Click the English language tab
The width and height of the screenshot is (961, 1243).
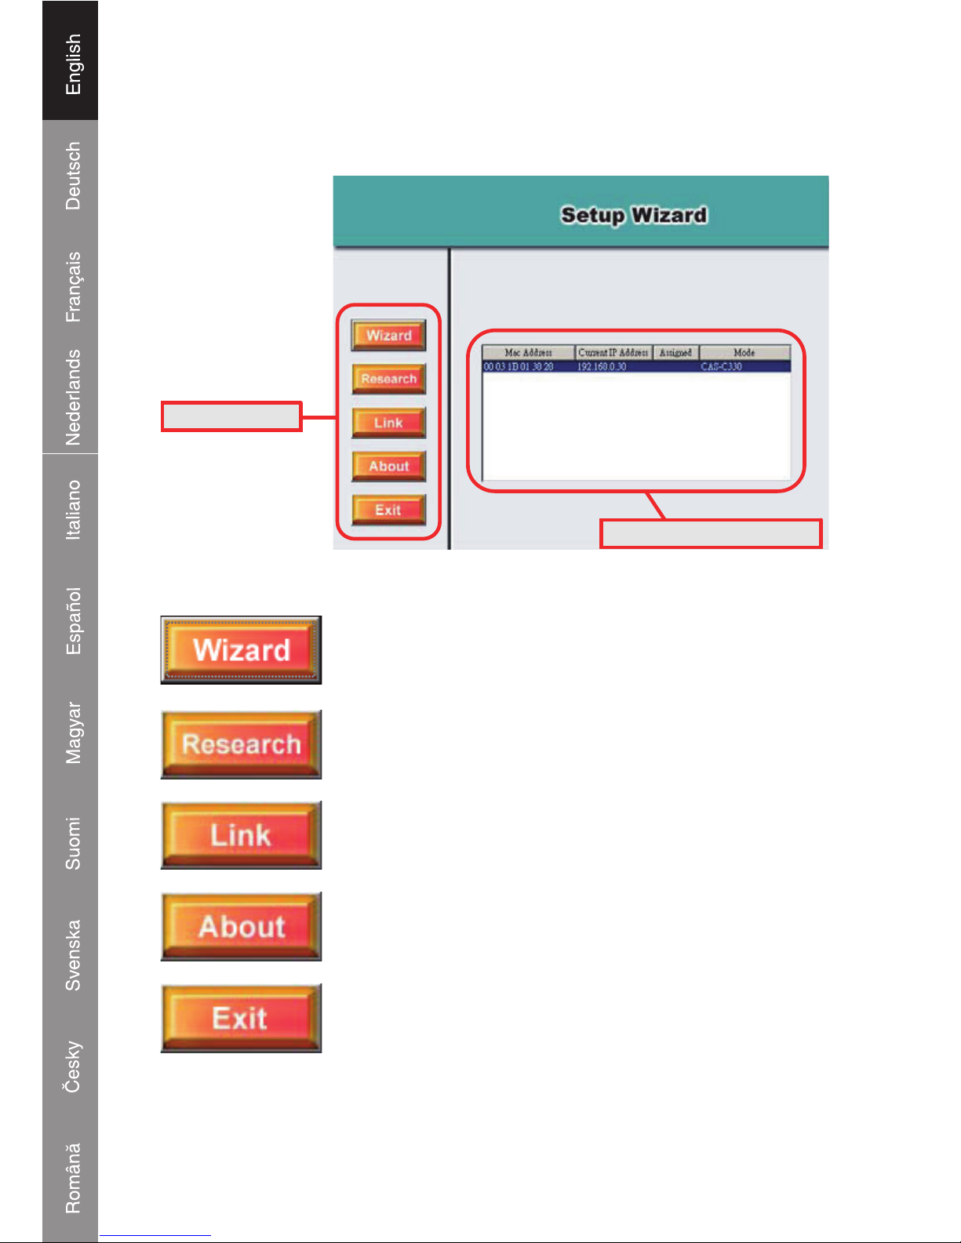click(x=71, y=63)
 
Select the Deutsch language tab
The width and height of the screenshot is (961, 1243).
click(x=71, y=176)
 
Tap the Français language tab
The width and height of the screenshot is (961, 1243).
click(x=71, y=286)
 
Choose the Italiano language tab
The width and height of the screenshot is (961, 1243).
click(x=71, y=510)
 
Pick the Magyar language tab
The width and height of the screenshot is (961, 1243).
click(x=71, y=732)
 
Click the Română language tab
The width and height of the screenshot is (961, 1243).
click(x=71, y=1178)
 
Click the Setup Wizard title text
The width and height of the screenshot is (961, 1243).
click(x=634, y=215)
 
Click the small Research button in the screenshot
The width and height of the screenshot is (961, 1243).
click(x=388, y=379)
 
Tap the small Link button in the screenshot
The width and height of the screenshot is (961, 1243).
click(x=388, y=423)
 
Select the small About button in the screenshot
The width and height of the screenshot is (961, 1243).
click(x=388, y=466)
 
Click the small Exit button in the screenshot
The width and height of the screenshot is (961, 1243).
click(x=388, y=510)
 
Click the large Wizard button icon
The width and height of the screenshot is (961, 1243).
click(x=241, y=650)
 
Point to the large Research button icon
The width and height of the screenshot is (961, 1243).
click(x=241, y=744)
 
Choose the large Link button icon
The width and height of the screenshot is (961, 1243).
click(x=241, y=835)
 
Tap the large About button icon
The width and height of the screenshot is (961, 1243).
click(x=241, y=926)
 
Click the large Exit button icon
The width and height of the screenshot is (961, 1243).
click(x=241, y=1018)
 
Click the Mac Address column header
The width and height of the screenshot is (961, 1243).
click(x=528, y=353)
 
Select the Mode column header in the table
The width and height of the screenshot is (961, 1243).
click(x=744, y=353)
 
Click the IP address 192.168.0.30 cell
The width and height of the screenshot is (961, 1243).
click(x=602, y=366)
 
